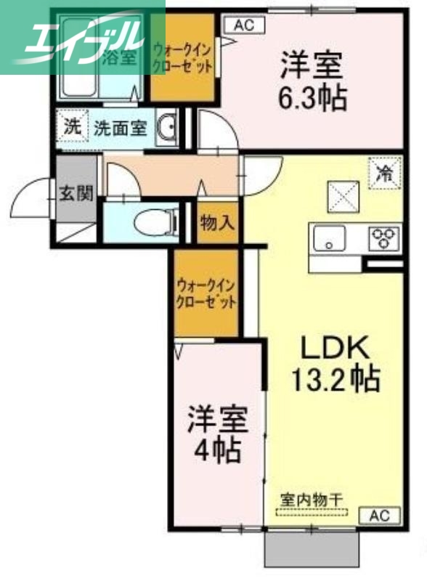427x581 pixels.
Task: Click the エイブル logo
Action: point(81,36)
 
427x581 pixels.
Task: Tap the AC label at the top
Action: point(243,25)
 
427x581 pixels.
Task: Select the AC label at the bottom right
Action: point(380,516)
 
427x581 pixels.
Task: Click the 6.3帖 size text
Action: point(312,97)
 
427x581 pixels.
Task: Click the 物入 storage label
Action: point(217,223)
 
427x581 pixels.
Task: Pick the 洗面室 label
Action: point(120,128)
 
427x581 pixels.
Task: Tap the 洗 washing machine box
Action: point(72,126)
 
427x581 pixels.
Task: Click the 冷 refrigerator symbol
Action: point(384,173)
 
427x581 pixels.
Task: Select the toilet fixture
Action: point(158,222)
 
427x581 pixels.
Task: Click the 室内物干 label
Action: point(312,500)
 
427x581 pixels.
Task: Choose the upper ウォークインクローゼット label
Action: point(182,57)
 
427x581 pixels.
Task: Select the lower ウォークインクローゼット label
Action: point(206,293)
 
